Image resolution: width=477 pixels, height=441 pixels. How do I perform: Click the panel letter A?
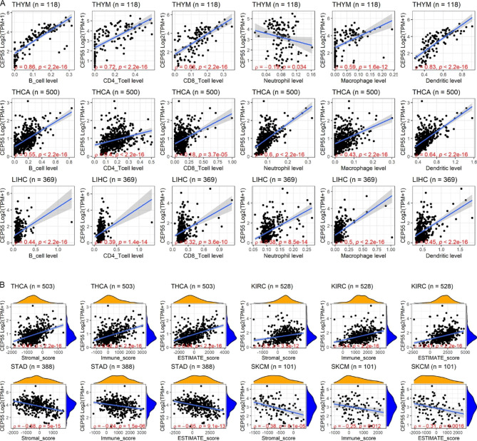[4, 4]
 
